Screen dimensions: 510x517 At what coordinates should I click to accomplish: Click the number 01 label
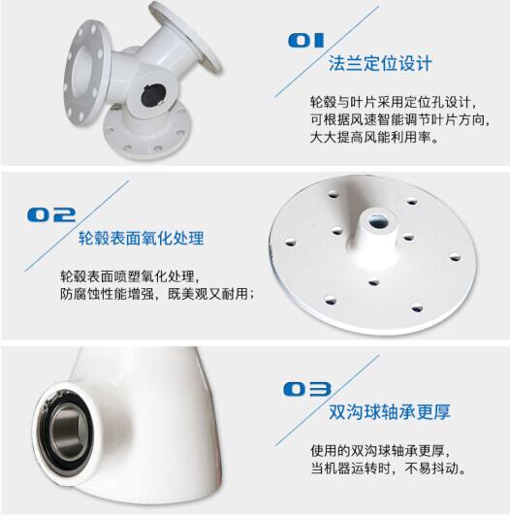[x=305, y=40]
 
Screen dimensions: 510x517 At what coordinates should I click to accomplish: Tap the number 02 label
[x=51, y=214]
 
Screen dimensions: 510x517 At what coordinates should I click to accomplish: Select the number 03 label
[x=307, y=389]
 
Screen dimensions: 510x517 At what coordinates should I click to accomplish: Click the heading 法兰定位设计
[x=380, y=63]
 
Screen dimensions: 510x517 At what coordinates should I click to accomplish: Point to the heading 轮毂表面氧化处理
[x=142, y=238]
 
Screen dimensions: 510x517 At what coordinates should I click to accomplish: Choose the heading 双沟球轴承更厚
[x=390, y=411]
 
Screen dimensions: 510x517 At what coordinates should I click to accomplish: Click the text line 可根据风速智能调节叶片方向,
[x=399, y=119]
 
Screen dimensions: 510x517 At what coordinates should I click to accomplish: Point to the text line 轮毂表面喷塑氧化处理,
[x=130, y=276]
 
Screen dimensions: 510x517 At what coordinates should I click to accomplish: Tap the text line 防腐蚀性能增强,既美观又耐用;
[x=158, y=294]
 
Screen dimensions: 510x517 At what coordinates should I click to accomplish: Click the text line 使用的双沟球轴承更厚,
[x=380, y=450]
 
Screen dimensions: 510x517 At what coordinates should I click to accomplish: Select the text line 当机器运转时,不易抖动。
[x=389, y=469]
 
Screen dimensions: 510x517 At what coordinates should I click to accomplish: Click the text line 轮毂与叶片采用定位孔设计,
[x=394, y=102]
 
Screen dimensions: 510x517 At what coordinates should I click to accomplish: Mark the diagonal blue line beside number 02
[x=78, y=226]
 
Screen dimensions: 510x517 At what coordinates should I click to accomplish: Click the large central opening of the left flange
[x=80, y=70]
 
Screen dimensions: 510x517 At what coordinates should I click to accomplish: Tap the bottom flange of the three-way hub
[x=147, y=132]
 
